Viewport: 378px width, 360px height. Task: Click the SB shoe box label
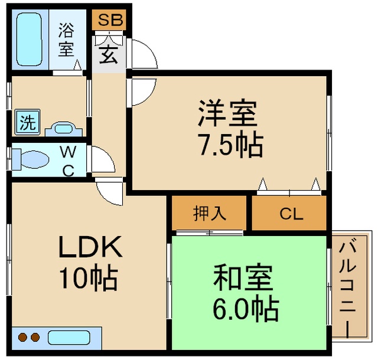coord(110,19)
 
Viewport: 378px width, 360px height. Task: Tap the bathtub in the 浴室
coord(30,40)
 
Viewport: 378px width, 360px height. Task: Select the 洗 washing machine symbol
coord(27,122)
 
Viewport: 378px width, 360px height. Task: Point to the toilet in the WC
coord(31,159)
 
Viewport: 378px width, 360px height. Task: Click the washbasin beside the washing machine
coord(64,129)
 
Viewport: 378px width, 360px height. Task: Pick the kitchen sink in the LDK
coord(69,338)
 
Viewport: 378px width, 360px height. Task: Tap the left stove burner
coord(22,338)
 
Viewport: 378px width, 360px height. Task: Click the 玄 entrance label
coord(109,55)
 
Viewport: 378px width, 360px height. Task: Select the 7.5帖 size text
coord(230,145)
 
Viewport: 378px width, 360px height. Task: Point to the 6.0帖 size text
coord(246,309)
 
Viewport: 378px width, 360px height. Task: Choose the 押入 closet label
coord(210,213)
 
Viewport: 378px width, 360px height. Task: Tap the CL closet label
coord(291,214)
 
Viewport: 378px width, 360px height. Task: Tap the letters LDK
coord(90,247)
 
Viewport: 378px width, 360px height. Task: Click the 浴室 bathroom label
coord(66,40)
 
